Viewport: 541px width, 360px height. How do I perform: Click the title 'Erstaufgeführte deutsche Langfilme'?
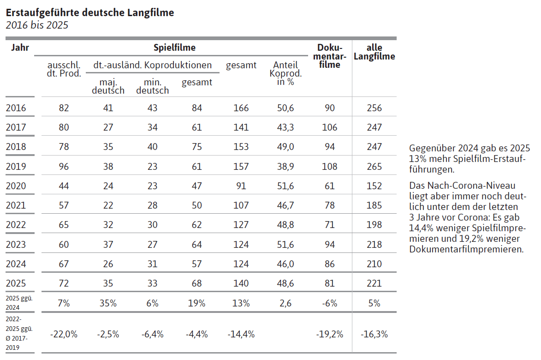[90, 13]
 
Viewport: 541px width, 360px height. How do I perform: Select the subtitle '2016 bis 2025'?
[37, 25]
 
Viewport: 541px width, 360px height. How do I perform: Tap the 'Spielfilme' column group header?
[175, 48]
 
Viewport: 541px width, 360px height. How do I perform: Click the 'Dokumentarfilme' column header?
[330, 56]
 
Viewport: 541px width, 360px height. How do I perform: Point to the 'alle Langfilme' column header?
[375, 52]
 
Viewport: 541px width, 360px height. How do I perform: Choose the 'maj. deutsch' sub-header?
[108, 86]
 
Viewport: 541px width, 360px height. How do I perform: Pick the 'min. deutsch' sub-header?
[153, 86]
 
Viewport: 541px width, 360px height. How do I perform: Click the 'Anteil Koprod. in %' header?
[285, 73]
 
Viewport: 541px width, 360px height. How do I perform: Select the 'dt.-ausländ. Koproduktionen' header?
[153, 65]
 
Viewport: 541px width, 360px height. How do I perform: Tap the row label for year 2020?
[16, 186]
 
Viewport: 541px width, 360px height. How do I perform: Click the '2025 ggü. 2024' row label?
[19, 303]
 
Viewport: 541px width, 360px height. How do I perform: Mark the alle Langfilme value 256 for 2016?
[375, 108]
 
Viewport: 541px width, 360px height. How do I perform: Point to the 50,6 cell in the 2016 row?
[285, 108]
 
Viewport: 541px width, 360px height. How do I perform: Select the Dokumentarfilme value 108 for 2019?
[330, 166]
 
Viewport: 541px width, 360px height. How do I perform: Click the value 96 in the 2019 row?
[64, 166]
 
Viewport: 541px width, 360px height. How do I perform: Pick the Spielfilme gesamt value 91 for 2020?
[241, 186]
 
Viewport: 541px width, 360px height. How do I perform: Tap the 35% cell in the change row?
[108, 303]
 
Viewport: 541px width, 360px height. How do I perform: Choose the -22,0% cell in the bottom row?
[64, 334]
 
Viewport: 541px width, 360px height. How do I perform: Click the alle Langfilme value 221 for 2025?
[375, 283]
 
